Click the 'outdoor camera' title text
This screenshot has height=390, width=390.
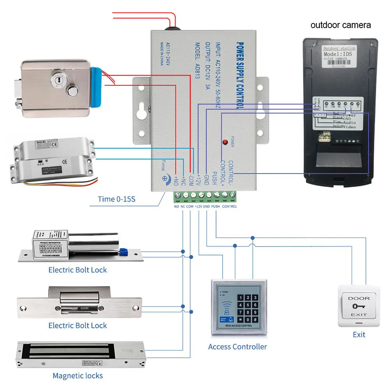[340, 25]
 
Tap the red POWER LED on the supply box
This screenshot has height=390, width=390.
[225, 143]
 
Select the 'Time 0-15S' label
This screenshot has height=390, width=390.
[117, 199]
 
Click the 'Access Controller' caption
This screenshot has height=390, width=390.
[238, 346]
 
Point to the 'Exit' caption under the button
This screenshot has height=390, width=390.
[359, 334]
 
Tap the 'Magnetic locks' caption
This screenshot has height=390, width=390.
[78, 376]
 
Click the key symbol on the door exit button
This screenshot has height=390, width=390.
[358, 307]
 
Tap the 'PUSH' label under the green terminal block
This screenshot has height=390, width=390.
[216, 206]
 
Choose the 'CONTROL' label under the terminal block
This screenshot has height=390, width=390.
[229, 206]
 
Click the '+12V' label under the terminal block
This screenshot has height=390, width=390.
[199, 206]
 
